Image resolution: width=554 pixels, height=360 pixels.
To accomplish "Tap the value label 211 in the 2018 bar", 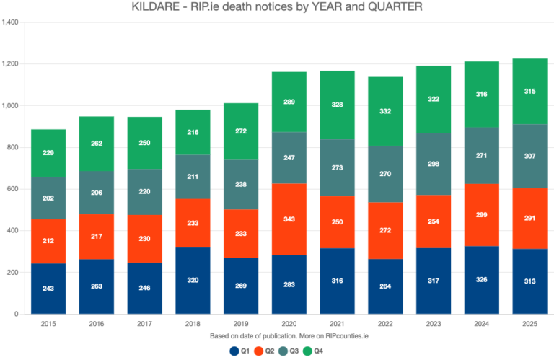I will click(x=193, y=176).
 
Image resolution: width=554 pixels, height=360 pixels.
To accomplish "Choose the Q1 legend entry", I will click(x=241, y=351).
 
